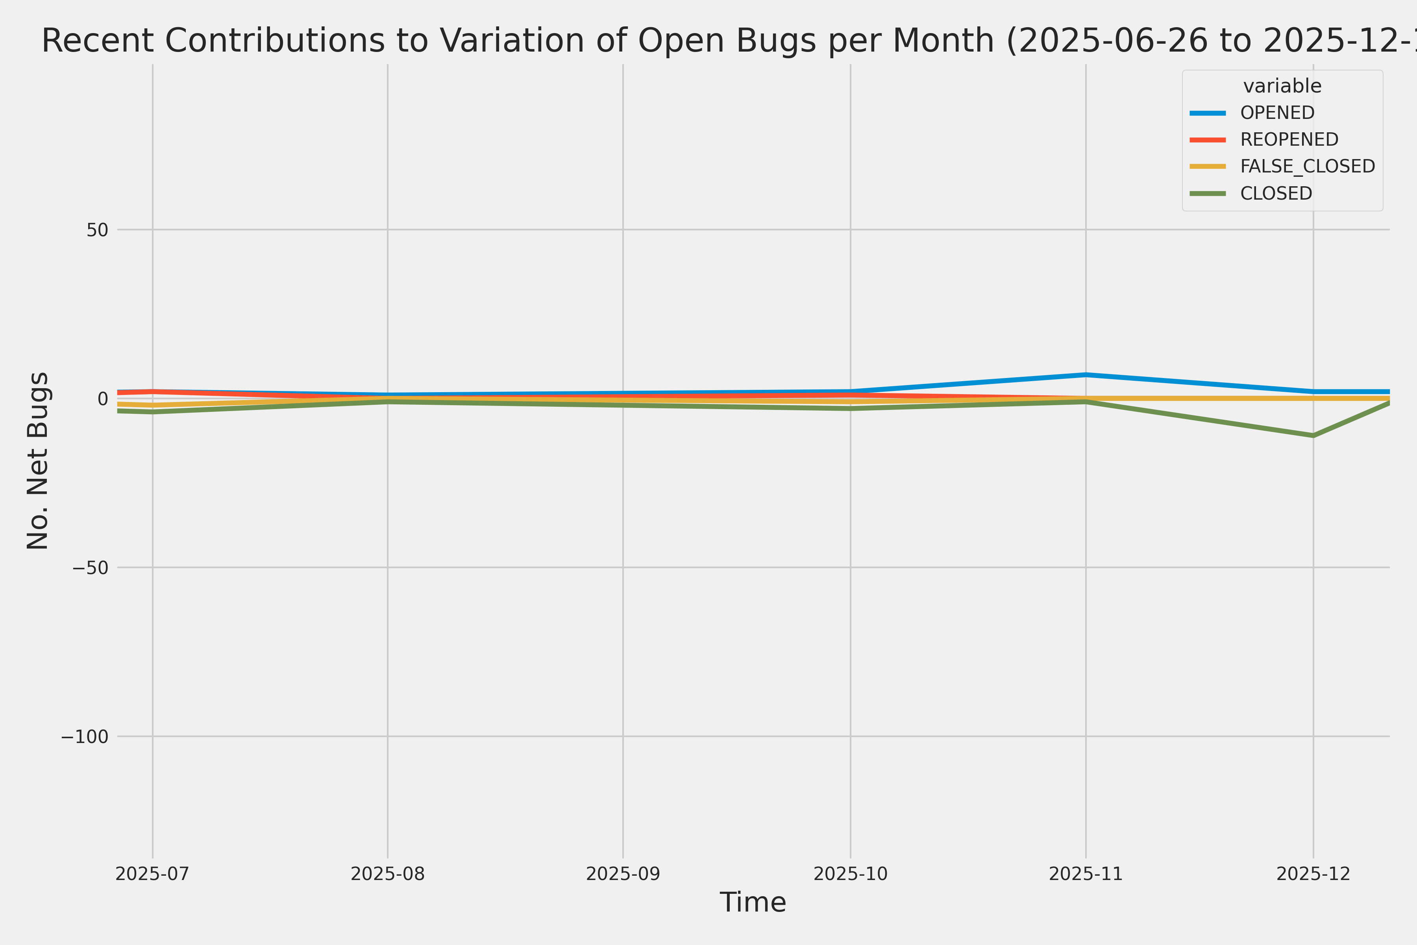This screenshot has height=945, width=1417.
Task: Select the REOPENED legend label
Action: [x=1289, y=140]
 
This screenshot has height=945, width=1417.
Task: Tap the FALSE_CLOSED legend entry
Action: [x=1307, y=166]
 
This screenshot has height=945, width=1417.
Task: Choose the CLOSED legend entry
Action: [x=1275, y=193]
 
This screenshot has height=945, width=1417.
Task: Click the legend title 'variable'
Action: [x=1282, y=86]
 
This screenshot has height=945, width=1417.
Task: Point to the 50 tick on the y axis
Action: [x=97, y=230]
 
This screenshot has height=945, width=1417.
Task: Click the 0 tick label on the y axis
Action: [x=102, y=398]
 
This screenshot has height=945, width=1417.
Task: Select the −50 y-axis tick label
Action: [x=91, y=568]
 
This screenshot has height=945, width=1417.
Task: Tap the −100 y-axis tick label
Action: [x=84, y=736]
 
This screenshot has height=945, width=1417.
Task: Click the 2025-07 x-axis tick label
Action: [x=152, y=874]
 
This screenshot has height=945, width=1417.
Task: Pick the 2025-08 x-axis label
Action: [x=387, y=874]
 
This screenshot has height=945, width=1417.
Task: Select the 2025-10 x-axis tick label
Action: [x=850, y=874]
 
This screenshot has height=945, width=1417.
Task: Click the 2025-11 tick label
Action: [x=1086, y=874]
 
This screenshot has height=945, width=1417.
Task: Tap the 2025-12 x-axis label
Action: [x=1313, y=874]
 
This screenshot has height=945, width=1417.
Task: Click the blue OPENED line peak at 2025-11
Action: [x=1086, y=375]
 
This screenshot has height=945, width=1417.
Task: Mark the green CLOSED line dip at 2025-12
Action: [x=1313, y=435]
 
